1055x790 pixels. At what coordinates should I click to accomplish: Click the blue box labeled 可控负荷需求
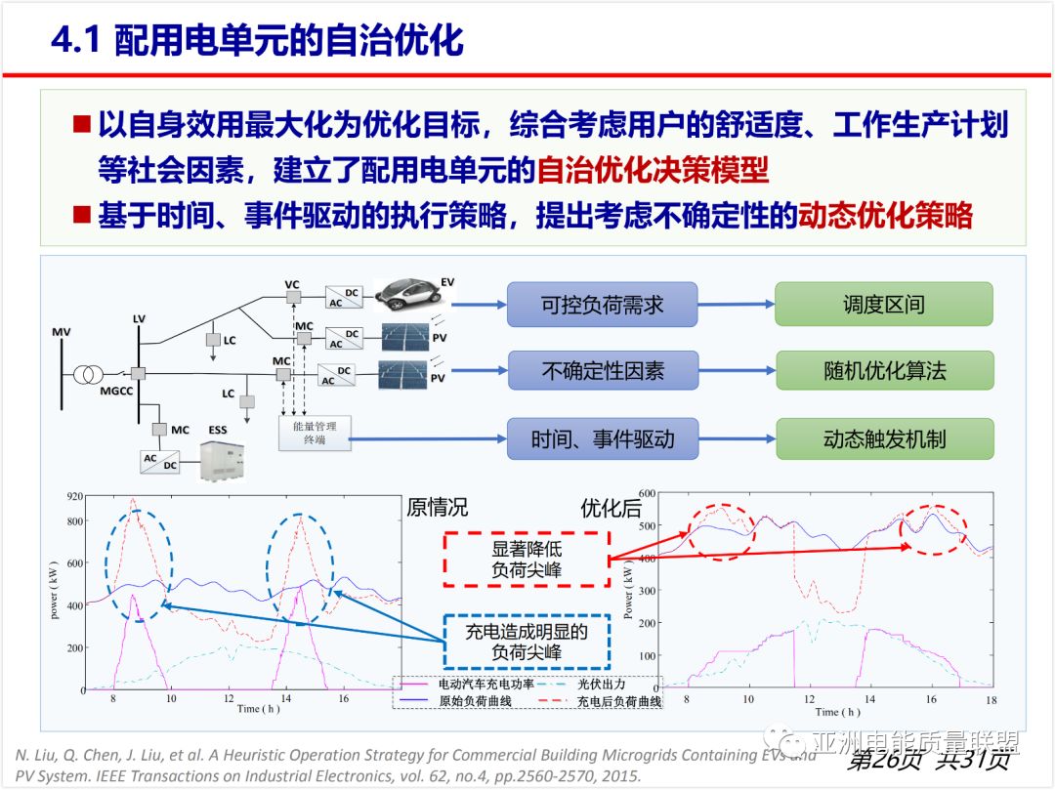tap(602, 305)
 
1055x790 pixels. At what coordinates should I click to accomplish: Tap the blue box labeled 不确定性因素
tap(602, 371)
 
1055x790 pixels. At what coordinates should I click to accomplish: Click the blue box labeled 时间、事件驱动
tap(602, 438)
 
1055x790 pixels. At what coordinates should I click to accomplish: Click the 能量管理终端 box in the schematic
tap(314, 432)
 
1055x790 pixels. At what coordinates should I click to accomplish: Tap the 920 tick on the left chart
tap(76, 498)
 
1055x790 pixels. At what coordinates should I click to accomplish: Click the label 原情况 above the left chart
tap(437, 508)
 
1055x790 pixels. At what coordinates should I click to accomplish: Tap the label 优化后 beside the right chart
tap(611, 508)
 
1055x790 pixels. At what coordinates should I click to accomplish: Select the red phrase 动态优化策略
tap(885, 216)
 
